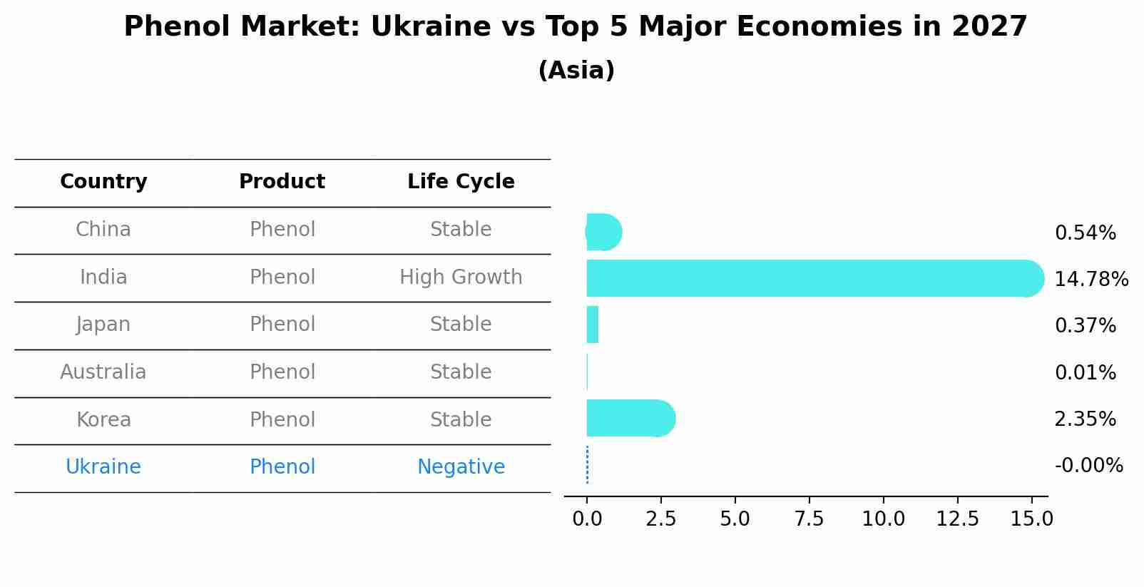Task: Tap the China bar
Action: click(603, 232)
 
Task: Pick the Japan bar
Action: click(593, 325)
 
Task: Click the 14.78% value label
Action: click(1091, 280)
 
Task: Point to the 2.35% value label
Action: click(1085, 419)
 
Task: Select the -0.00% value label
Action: click(1088, 466)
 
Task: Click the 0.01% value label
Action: click(1085, 373)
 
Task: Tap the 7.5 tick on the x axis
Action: click(809, 519)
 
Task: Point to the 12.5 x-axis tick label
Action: click(957, 519)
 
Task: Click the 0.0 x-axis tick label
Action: click(587, 519)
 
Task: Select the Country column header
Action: click(103, 182)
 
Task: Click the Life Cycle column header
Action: click(461, 182)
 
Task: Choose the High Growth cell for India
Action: click(461, 277)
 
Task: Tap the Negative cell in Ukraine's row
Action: click(461, 467)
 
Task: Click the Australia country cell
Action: click(103, 372)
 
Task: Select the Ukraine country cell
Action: click(103, 467)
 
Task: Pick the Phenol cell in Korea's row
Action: click(282, 420)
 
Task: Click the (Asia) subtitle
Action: click(576, 71)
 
